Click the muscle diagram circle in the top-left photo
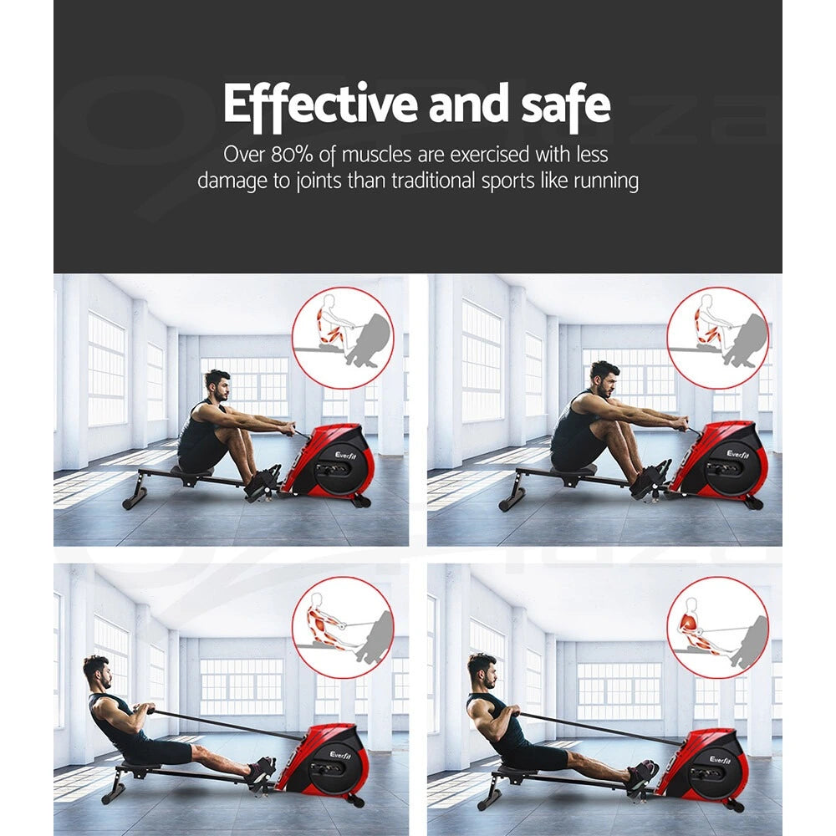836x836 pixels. tap(343, 337)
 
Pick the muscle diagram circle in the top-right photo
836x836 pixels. tap(717, 337)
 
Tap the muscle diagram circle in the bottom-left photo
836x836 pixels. tap(343, 627)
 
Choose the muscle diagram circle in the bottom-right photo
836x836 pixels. tap(717, 627)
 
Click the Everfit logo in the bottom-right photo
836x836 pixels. tap(721, 759)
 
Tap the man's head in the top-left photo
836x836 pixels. tap(217, 387)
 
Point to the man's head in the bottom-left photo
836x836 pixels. tap(97, 671)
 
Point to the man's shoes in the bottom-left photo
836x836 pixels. tap(261, 771)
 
